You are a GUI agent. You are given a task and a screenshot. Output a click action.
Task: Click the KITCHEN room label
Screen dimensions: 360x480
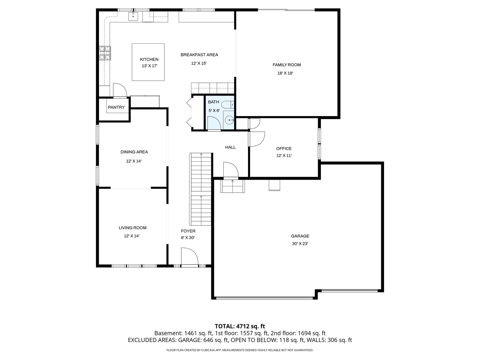coord(149,59)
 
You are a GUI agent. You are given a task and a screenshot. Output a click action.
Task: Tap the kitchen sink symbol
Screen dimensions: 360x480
coord(133,16)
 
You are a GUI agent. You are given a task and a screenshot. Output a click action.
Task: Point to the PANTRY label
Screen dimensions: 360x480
coord(116,107)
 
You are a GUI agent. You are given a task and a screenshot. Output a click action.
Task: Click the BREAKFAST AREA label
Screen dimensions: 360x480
coord(199,55)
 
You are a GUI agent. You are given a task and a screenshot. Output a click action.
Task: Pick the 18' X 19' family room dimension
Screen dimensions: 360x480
coord(285,73)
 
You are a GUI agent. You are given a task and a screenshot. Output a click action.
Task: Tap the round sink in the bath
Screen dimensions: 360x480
coord(229,120)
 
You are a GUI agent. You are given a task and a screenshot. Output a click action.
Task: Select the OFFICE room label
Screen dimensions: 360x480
coord(284,149)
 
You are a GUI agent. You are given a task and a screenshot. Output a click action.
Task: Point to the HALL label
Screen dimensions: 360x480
coord(230,147)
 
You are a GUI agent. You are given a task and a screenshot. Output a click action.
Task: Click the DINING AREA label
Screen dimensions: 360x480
coord(134,152)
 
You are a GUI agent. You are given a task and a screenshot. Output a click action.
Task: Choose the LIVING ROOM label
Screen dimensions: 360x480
coord(133,228)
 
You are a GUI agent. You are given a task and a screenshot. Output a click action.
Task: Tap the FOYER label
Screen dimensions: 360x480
coord(188,231)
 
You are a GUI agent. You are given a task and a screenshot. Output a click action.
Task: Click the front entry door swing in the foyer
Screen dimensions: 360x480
coord(189,256)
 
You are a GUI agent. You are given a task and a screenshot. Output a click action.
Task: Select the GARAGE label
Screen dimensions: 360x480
coord(300,236)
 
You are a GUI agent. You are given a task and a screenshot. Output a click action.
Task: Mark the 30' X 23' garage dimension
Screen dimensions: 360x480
coord(300,244)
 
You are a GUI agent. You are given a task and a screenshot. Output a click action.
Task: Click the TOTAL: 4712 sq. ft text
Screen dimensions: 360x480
coord(240,326)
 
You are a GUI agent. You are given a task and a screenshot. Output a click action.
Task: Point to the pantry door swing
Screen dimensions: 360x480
coord(120,90)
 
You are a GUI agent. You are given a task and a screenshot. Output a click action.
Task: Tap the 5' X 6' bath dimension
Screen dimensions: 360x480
coord(214,110)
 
